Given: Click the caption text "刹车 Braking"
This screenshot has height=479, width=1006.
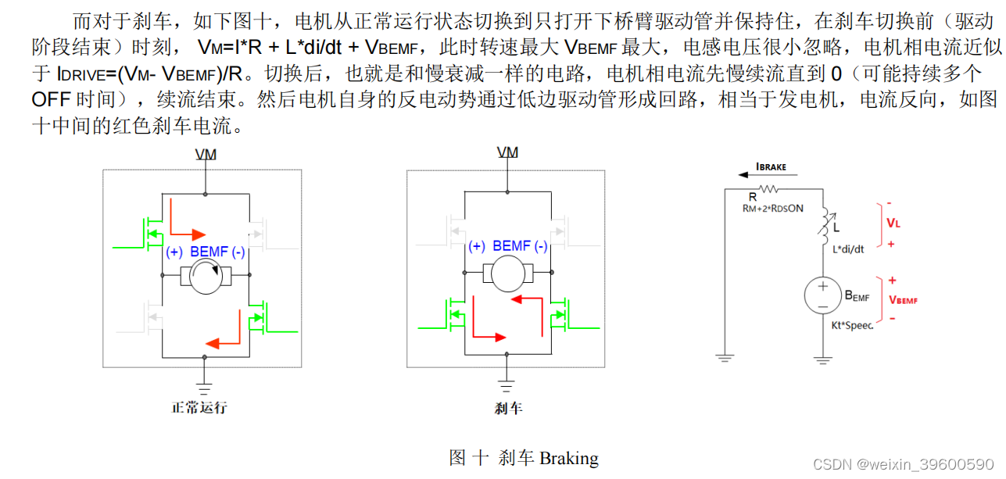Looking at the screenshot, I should [x=548, y=458].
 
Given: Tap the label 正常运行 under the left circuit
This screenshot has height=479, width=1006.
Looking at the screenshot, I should [x=199, y=407].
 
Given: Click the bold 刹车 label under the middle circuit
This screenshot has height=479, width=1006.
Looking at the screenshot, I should [x=508, y=408].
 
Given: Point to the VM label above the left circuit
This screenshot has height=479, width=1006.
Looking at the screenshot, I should [x=206, y=155].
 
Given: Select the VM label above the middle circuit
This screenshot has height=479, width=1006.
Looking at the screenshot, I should [x=508, y=152].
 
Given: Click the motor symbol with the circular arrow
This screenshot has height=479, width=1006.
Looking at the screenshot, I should [x=205, y=276].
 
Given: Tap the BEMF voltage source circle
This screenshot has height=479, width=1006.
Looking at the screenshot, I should [x=822, y=296].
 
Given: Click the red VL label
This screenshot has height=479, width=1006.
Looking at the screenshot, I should [x=893, y=223].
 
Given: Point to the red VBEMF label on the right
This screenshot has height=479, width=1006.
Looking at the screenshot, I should [x=903, y=299].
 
